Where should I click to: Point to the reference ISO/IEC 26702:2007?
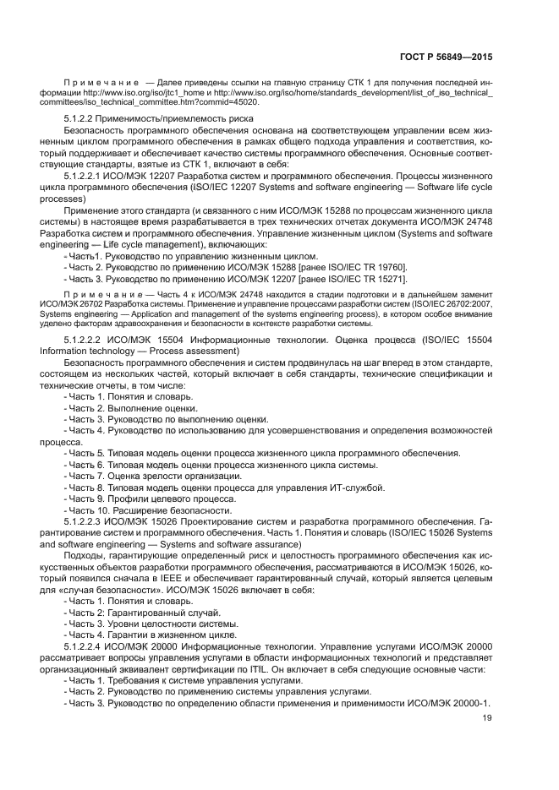[452, 302]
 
